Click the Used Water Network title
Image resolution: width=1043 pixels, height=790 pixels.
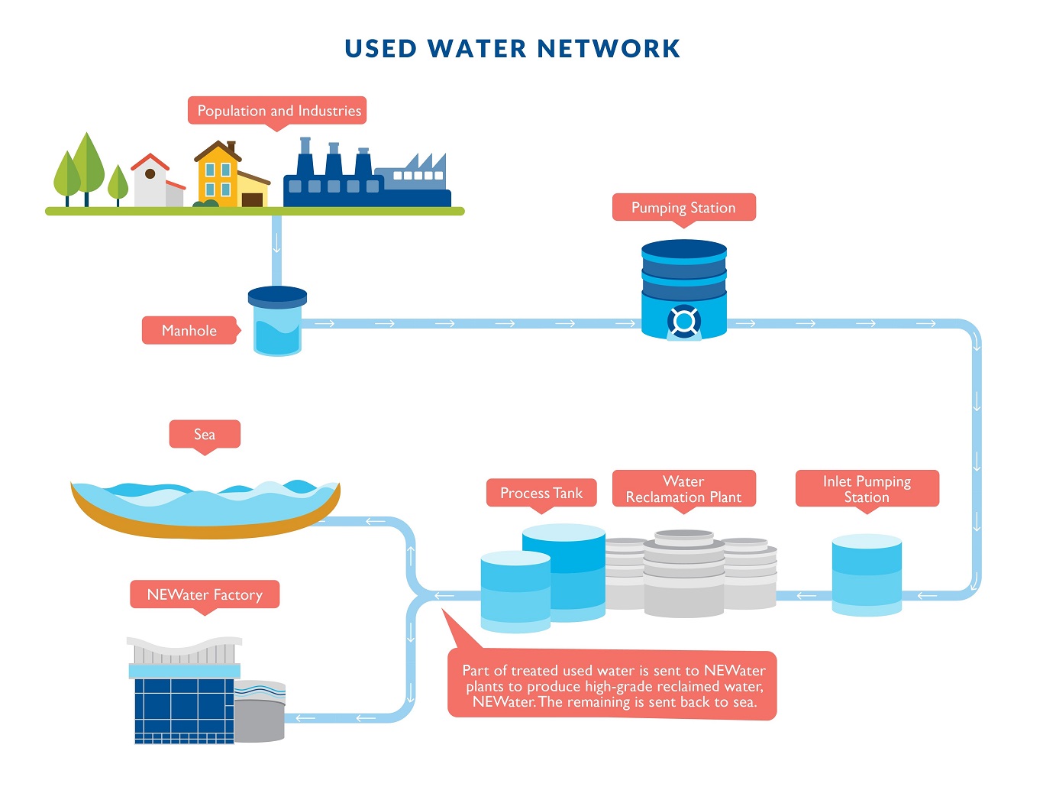tap(512, 49)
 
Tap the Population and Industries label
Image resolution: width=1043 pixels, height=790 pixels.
tap(279, 111)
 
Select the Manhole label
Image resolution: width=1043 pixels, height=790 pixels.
tap(189, 331)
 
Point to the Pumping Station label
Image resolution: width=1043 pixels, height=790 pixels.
tap(683, 208)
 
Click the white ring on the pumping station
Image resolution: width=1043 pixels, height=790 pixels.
tap(684, 321)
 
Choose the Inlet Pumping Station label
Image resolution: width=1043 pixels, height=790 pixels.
tap(867, 489)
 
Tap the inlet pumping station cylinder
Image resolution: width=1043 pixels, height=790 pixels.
tap(867, 575)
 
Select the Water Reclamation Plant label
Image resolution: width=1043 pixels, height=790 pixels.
tap(683, 489)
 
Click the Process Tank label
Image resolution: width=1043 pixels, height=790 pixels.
tap(541, 494)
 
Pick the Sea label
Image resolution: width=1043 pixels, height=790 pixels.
tap(205, 435)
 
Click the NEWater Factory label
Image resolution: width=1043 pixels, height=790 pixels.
tap(205, 595)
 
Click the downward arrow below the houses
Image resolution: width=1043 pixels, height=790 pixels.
tap(276, 244)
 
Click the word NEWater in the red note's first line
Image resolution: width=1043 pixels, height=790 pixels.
tap(735, 671)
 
